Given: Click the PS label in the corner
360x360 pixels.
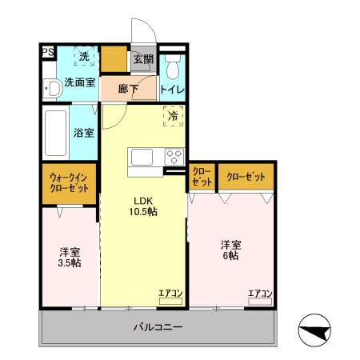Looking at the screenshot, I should pos(47,54).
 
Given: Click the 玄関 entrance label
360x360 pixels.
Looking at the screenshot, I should pos(143,59).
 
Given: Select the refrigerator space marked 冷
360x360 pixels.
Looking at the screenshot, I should pos(174,117).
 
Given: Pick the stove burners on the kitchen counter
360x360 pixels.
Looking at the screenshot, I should pos(174,155).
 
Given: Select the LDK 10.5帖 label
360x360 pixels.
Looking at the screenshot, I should pos(144,206).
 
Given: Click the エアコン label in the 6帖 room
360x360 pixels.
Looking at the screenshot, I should pos(260,294).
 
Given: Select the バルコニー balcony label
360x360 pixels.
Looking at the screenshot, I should pos(158,327).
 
